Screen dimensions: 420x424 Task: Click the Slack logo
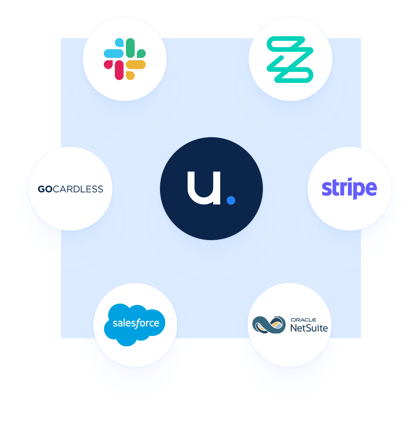click(x=124, y=59)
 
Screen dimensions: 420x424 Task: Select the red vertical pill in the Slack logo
click(x=119, y=70)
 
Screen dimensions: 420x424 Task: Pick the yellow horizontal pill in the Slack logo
click(x=136, y=64)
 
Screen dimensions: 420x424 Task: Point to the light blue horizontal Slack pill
click(x=114, y=53)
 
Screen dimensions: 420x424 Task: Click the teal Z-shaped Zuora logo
click(x=290, y=59)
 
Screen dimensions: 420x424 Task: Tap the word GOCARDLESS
click(x=70, y=189)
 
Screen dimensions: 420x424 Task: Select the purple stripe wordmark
click(x=349, y=188)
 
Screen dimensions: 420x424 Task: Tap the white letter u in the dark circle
click(x=204, y=188)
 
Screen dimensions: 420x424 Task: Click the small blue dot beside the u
click(x=231, y=200)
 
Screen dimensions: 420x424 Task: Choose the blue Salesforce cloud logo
click(x=134, y=325)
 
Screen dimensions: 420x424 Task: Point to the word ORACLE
click(x=303, y=320)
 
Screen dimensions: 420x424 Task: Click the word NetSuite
click(x=309, y=328)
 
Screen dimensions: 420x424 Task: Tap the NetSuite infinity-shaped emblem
click(x=269, y=325)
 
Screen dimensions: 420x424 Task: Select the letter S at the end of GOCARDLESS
click(x=100, y=189)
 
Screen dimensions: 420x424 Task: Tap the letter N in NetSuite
click(x=294, y=328)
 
